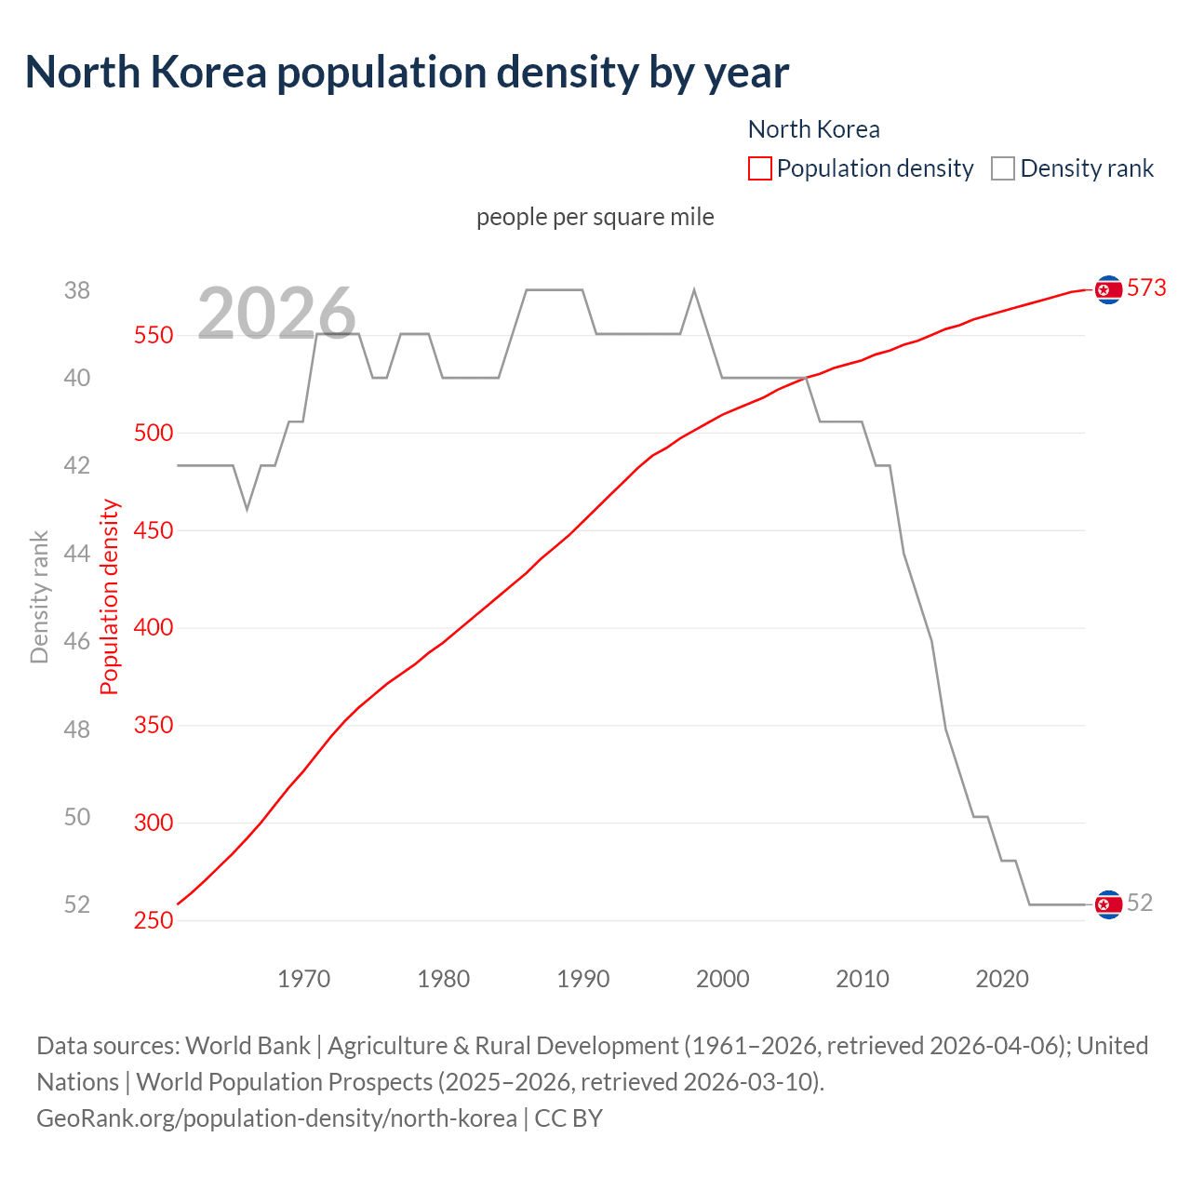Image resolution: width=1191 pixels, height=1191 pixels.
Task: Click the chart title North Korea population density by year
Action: point(407,73)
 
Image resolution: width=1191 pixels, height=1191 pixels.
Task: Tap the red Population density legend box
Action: point(759,168)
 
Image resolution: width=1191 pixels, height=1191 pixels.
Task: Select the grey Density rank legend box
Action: point(1002,168)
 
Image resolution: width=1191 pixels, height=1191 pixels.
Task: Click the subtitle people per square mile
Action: point(595,217)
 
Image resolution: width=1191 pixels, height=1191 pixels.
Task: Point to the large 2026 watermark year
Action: point(276,313)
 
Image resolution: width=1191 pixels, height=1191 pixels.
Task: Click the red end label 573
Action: point(1145,288)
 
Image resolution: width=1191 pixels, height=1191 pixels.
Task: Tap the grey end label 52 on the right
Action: point(1139,903)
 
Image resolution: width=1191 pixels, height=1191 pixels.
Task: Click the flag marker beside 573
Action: point(1108,290)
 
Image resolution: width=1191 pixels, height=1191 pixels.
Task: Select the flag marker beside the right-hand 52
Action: point(1108,903)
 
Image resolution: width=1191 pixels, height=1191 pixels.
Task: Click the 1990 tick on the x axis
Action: point(582,979)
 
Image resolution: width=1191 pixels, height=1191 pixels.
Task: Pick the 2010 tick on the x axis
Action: point(862,979)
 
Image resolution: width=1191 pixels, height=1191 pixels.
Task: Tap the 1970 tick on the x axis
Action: point(303,979)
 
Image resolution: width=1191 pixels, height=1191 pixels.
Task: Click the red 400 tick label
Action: point(154,627)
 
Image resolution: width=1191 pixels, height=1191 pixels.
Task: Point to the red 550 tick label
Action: point(154,335)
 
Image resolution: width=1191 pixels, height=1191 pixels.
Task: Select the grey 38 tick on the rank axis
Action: point(77,290)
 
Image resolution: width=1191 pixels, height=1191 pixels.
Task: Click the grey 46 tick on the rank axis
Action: point(77,641)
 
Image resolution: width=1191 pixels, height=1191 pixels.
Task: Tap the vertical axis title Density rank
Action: point(39,597)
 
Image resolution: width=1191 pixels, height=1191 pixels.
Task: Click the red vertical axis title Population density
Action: point(110,597)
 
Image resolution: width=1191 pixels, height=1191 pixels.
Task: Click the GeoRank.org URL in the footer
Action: point(276,1117)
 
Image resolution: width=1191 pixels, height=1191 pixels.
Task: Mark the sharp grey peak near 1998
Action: point(694,290)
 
